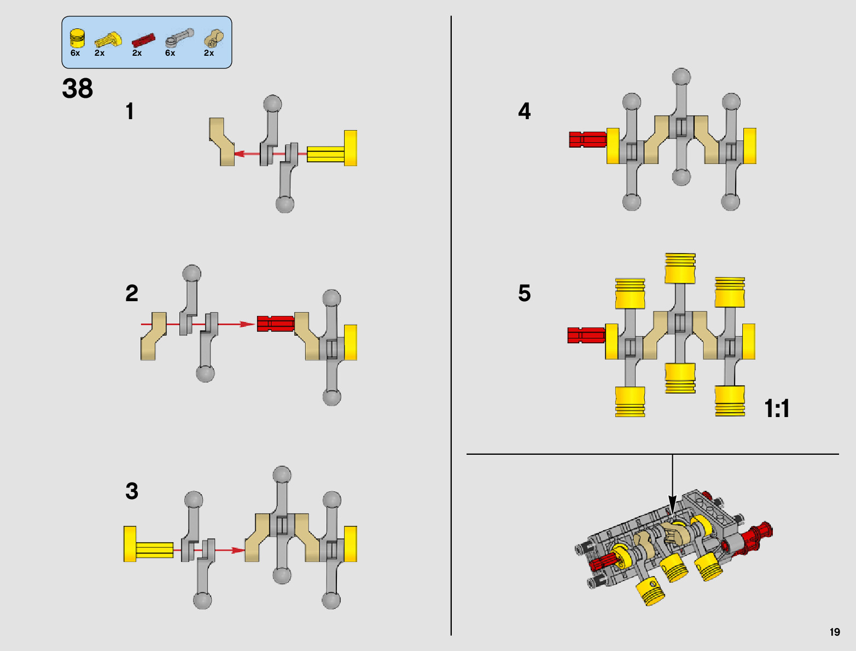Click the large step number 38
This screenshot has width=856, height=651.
coord(78,89)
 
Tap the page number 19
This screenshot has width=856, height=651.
coord(834,632)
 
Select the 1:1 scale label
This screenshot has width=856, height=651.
coord(777,408)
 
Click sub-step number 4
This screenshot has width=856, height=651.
coord(524,111)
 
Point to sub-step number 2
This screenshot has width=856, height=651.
coord(132,294)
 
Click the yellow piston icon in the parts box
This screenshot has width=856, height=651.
coord(77,38)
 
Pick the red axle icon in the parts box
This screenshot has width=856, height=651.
coord(143,40)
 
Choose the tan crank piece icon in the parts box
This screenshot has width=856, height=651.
coord(213,39)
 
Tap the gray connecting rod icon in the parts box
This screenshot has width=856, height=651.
coord(179,38)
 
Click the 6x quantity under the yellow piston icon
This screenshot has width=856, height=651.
coord(75,53)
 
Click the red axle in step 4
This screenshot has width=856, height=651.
coord(587,139)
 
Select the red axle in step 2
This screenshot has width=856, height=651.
coord(275,324)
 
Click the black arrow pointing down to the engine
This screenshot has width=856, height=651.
coord(672,500)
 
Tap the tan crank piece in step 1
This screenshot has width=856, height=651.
coord(222,142)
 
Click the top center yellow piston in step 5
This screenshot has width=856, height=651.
coord(680,268)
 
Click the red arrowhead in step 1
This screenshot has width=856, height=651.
coord(239,154)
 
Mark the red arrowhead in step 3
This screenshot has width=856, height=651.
coord(238,550)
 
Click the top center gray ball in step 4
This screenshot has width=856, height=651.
coord(681,77)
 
